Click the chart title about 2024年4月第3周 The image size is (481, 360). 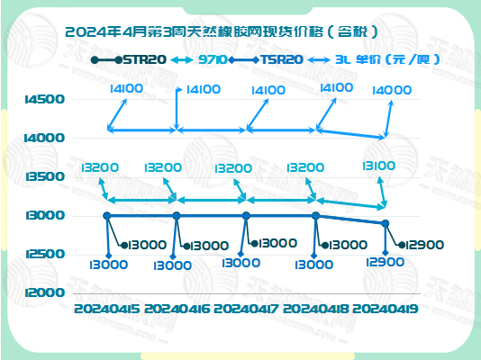[x=222, y=31]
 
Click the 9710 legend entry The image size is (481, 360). [x=212, y=59]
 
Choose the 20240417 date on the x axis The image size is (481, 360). [x=246, y=310]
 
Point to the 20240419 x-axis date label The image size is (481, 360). [x=386, y=310]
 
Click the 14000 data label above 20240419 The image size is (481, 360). [x=391, y=91]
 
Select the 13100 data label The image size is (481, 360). [x=377, y=166]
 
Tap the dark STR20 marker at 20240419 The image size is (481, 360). [x=386, y=223]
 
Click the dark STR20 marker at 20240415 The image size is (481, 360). [x=107, y=215]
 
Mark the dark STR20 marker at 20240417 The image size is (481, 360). [x=246, y=215]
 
